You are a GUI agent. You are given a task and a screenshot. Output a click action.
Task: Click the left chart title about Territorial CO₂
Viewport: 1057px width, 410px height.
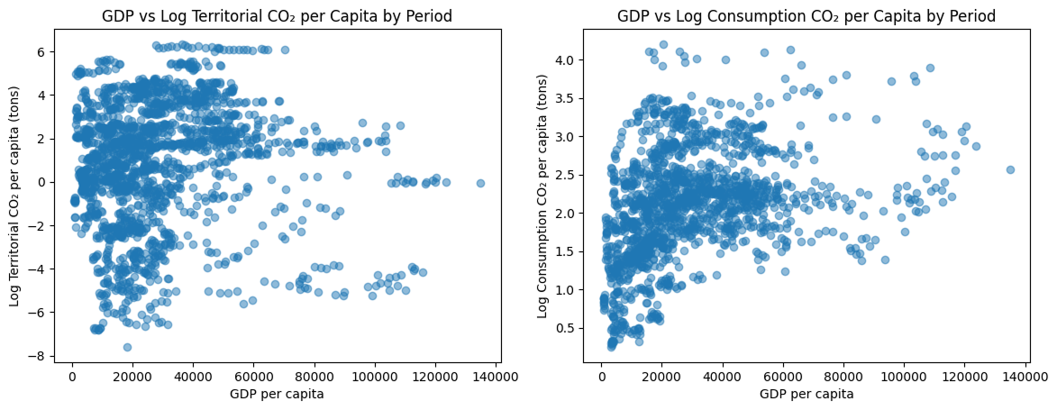coord(277,16)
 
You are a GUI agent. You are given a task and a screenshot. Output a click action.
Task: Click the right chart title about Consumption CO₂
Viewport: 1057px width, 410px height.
coord(806,16)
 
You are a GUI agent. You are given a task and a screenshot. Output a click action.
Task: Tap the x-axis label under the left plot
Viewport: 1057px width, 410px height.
coord(277,394)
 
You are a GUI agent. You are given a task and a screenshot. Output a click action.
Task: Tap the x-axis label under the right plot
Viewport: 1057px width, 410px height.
coord(806,394)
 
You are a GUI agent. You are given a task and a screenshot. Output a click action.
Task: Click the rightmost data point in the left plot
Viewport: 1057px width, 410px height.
coord(480,183)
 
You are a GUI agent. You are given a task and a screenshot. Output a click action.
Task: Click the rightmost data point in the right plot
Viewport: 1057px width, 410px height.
coord(1010,169)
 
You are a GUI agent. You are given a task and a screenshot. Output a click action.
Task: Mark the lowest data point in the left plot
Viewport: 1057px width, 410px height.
coord(127,347)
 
